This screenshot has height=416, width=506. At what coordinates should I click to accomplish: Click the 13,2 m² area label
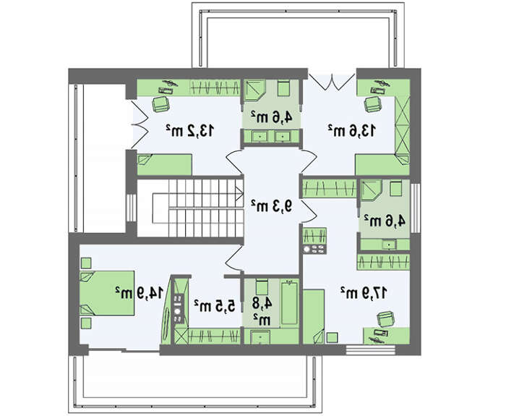point(189,130)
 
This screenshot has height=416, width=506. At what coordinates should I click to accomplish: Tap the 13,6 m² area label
point(352,130)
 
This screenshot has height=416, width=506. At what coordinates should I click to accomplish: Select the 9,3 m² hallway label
point(272,205)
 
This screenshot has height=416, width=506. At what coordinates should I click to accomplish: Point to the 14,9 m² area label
point(140,292)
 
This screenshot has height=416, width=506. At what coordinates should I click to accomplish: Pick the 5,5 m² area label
point(215,306)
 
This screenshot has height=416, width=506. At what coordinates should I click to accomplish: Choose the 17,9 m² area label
point(364,292)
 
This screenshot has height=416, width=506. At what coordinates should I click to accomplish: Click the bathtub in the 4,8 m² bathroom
point(289,302)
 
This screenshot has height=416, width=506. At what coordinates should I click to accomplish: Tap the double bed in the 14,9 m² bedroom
point(107,293)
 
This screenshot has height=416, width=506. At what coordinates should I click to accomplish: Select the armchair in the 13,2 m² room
point(160,104)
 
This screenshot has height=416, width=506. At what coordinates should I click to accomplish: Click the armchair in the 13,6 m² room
point(373,104)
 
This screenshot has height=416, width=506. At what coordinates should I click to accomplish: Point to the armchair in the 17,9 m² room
point(386,320)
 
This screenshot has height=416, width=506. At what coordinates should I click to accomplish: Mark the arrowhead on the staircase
point(239,194)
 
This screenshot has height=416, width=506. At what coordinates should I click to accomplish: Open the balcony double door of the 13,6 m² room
point(332,82)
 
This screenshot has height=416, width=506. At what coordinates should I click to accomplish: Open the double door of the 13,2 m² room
point(140,124)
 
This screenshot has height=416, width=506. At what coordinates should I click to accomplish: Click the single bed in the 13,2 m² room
point(165,165)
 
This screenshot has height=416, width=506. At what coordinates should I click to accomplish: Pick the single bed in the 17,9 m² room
point(314,316)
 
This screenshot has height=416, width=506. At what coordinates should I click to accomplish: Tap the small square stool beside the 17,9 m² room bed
point(332,338)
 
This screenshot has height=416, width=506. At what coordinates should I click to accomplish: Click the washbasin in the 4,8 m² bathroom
point(260,337)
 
